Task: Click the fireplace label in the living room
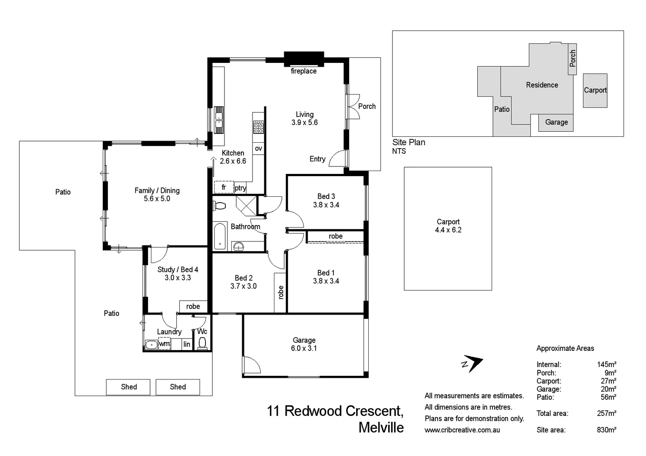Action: pos(304,71)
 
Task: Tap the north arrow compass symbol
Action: pos(472,364)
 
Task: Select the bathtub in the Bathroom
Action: pos(219,237)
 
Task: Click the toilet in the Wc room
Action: pos(202,343)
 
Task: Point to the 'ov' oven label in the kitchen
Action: pos(258,148)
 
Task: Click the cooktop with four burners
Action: pos(258,127)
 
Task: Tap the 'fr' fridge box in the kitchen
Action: pos(224,187)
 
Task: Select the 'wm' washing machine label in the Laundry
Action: pos(164,344)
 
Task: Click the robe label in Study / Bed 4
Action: pos(193,307)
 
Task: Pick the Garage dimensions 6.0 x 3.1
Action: pos(304,348)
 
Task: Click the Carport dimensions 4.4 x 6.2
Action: pos(448,230)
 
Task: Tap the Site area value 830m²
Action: pos(606,430)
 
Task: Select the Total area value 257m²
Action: pos(606,413)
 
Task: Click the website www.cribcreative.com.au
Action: pos(462,430)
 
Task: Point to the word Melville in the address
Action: pos(381,427)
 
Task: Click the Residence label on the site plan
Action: pos(542,85)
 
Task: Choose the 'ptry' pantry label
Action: pos(240,188)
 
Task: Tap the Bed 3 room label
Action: pos(326,196)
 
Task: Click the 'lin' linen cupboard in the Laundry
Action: pos(187,344)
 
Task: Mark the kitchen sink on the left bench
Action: pos(219,119)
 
